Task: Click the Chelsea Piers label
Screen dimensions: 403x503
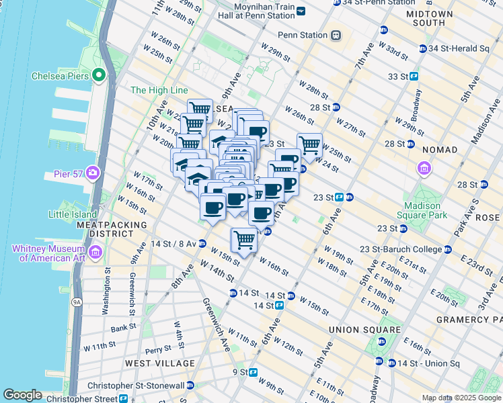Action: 59,76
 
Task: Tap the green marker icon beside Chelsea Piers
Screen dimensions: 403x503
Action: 100,76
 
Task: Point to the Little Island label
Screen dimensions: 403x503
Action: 72,215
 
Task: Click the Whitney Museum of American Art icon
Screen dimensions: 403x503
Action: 95,253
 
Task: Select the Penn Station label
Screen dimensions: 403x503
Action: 301,35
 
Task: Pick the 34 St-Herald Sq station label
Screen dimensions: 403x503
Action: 459,48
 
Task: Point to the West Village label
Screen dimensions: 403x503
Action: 160,363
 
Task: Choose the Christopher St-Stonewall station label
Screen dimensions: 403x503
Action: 137,386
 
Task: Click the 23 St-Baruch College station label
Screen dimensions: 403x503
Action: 401,249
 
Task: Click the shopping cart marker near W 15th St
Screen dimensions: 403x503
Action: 244,238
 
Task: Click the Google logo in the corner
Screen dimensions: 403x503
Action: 22,395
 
